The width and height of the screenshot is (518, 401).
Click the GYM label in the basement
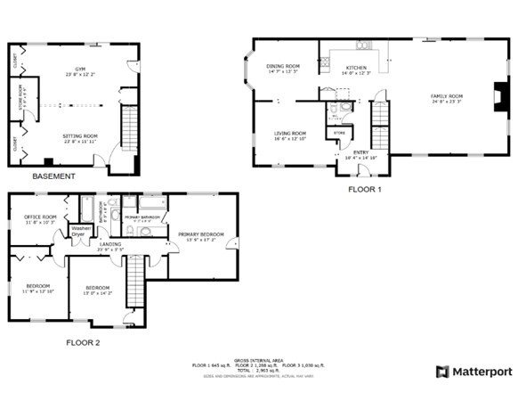pyautogui.click(x=80, y=70)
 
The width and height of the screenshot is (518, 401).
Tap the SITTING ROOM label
pyautogui.click(x=80, y=137)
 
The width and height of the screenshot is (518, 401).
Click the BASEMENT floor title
pyautogui.click(x=53, y=176)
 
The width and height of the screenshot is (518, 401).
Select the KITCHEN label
pyautogui.click(x=356, y=69)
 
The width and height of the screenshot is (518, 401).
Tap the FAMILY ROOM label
pyautogui.click(x=447, y=96)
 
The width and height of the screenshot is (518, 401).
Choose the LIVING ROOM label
pyautogui.click(x=289, y=135)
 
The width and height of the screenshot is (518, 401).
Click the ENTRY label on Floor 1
pyautogui.click(x=360, y=153)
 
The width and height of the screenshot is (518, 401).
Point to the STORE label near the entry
pyautogui.click(x=338, y=133)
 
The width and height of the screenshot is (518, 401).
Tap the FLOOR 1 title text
pyautogui.click(x=364, y=190)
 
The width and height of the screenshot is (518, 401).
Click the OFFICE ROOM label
pyautogui.click(x=40, y=218)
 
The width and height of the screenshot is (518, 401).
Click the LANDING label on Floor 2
pyautogui.click(x=110, y=245)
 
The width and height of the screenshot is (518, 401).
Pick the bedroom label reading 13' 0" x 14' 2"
pyautogui.click(x=96, y=289)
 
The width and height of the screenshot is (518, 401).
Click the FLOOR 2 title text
pyautogui.click(x=83, y=342)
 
